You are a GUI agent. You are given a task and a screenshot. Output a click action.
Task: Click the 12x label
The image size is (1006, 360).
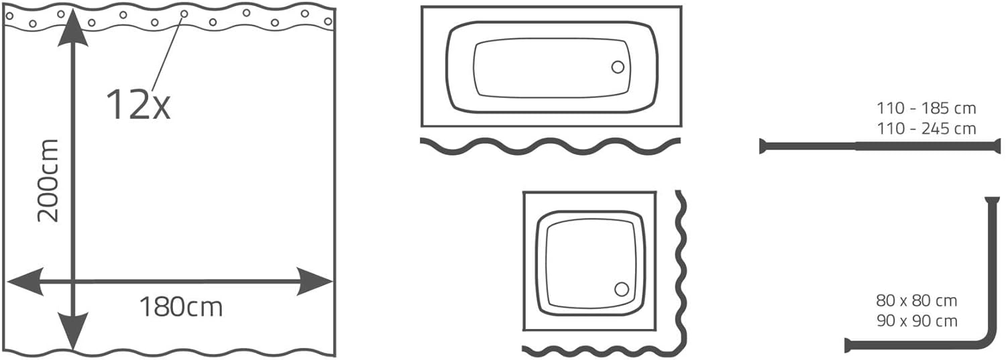click(138, 105)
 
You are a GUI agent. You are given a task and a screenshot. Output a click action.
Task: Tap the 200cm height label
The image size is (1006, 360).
click(48, 181)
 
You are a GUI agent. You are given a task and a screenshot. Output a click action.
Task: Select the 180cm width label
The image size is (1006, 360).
click(181, 307)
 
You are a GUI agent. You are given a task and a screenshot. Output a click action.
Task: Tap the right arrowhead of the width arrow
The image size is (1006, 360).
click(315, 282)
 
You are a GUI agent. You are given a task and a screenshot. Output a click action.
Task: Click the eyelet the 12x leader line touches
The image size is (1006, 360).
click(184, 14)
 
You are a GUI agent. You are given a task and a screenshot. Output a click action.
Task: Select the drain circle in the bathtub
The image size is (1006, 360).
click(618, 67)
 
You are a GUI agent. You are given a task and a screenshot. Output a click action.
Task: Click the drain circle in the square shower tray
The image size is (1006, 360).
click(622, 290)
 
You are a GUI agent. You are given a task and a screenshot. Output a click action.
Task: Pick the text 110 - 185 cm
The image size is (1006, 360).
click(926, 108)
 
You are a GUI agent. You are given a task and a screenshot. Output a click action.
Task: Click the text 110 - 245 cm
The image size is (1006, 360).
click(926, 129)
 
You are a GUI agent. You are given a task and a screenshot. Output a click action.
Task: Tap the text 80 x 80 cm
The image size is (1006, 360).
click(917, 300)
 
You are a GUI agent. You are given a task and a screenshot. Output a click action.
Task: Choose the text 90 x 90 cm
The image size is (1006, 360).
click(917, 321)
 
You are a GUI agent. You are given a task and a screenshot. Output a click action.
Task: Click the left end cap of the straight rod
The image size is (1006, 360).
click(762, 146)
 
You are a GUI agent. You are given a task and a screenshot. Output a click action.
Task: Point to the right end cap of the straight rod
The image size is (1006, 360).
click(999, 146)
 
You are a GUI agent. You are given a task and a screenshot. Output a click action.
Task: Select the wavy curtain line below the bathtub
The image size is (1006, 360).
click(551, 146)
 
